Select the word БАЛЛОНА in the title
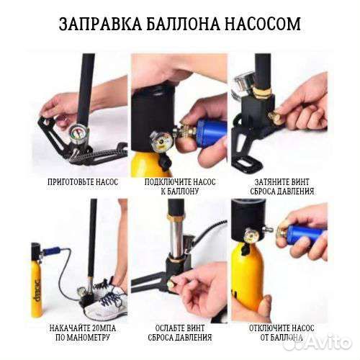[181, 24]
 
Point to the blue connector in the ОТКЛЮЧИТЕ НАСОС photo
[303, 234]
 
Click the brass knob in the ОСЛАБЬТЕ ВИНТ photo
[171, 284]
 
